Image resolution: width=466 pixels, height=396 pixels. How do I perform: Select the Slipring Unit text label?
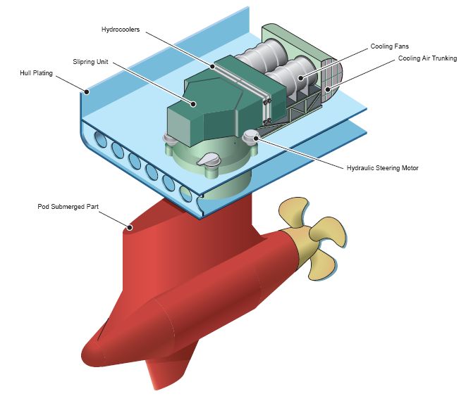coord(90,62)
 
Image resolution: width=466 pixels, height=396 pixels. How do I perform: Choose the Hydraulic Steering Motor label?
coord(383,168)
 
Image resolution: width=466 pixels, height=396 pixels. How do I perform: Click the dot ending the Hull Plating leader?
coord(87,91)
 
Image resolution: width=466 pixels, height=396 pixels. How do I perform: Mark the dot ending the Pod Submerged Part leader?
coord(130,227)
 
